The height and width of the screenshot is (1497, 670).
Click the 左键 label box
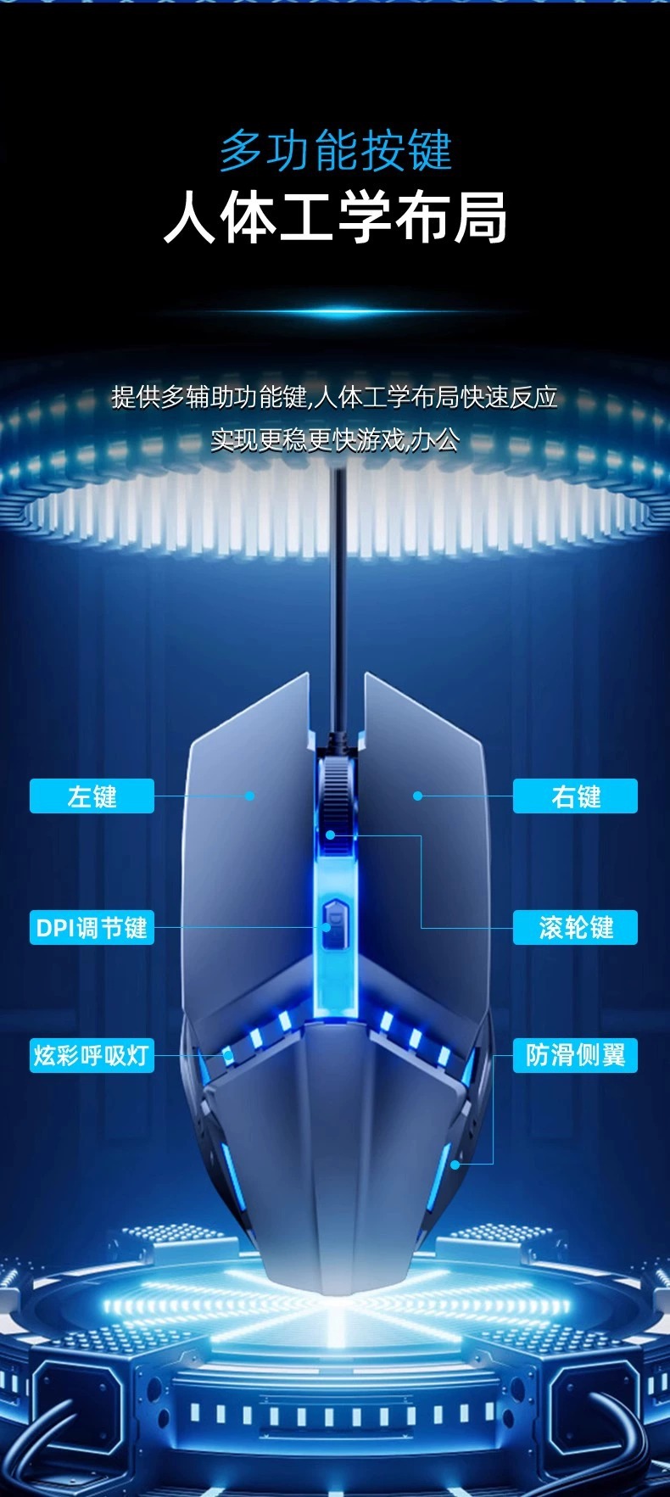pos(92,796)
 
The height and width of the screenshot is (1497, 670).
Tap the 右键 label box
pos(575,796)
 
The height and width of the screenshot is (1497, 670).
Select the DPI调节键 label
pos(92,927)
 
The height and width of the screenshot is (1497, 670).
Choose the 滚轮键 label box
pos(575,927)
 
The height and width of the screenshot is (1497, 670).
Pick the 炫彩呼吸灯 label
pos(92,1056)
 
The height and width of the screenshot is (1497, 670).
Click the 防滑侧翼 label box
pos(575,1056)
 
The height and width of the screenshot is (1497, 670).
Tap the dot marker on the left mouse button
pos(250,796)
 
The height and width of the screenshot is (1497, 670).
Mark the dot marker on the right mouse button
pos(417,796)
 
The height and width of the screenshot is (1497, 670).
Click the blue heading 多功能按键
pos(336,152)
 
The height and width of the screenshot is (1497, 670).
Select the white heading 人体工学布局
pos(336,218)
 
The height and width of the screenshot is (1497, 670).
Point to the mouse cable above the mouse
pos(339,594)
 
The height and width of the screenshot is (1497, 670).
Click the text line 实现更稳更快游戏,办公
pos(335,439)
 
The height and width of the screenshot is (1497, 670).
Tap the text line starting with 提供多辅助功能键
pos(335,396)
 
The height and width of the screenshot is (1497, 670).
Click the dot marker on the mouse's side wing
pos(455,1165)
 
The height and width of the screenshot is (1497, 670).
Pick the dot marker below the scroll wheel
pos(331,835)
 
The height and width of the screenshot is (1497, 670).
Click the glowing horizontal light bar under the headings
pos(335,313)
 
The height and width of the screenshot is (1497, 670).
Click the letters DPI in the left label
pos(55,927)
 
